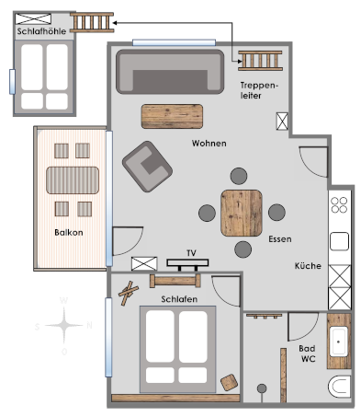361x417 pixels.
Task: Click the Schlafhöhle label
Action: pos(41,31)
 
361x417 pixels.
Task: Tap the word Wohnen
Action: pos(209,144)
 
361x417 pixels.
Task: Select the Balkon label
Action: pos(69,233)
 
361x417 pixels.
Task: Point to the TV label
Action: pos(191,253)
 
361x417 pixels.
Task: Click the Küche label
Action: pos(308,266)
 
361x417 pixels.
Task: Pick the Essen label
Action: pos(280,239)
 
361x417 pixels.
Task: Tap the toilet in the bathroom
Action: pos(340,387)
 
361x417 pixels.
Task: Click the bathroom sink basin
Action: pos(339,342)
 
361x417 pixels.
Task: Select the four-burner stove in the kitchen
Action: pos(339,205)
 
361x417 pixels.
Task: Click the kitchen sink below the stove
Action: pos(339,241)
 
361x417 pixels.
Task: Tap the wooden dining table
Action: pos(242,213)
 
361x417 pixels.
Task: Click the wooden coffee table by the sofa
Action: pos(172,116)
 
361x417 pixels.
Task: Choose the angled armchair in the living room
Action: pos(147,167)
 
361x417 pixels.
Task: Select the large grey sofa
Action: pos(170,72)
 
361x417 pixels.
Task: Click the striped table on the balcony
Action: pos(73,180)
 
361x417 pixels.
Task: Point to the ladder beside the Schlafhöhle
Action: pos(92,22)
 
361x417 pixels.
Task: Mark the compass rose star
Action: pos(64,325)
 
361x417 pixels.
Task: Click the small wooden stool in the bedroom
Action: pos(230,382)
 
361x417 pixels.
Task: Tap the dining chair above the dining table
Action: pos(239,176)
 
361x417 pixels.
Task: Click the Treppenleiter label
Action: pos(259,90)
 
